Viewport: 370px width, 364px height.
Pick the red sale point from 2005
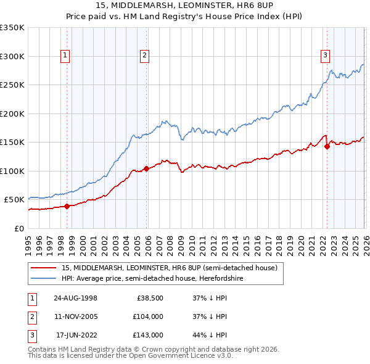(x=146, y=168)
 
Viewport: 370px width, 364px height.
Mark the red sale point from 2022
(x=327, y=146)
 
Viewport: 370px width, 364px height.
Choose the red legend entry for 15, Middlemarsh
(x=170, y=268)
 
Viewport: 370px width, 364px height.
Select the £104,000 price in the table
(x=148, y=316)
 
